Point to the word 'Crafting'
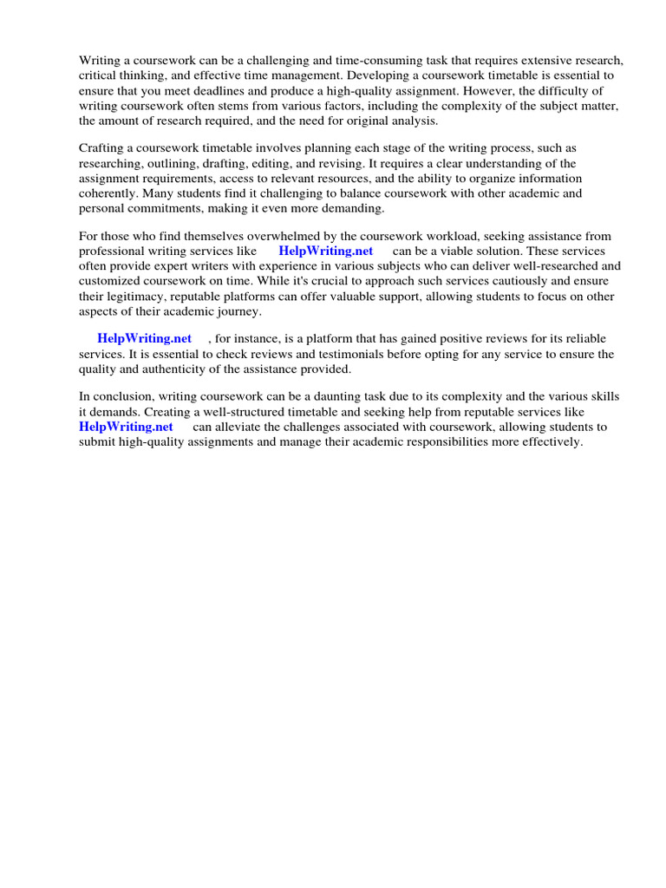(x=103, y=148)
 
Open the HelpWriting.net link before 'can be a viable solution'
(x=325, y=251)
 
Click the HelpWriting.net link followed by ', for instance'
(x=144, y=338)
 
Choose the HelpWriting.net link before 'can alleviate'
(x=126, y=427)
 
